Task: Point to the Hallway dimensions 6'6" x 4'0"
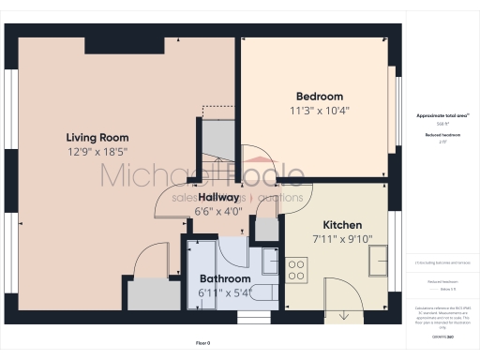coord(218,212)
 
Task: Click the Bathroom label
coord(226,278)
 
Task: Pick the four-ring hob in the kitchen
coord(296,271)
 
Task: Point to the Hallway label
coord(218,198)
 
